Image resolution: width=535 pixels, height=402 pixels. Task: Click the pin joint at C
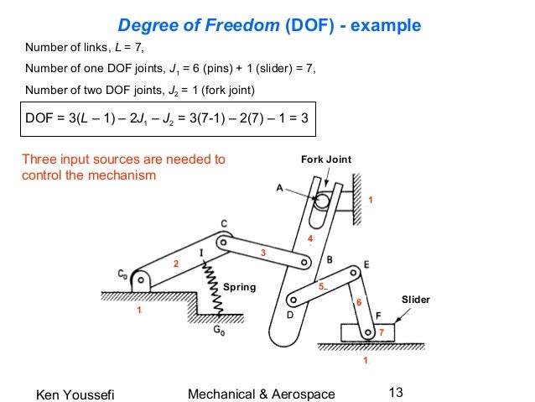[x=223, y=242]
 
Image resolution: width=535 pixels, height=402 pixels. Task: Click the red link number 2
[x=176, y=264]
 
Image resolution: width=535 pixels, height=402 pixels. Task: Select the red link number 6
[x=358, y=302]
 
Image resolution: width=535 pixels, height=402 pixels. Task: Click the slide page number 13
[x=397, y=390]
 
